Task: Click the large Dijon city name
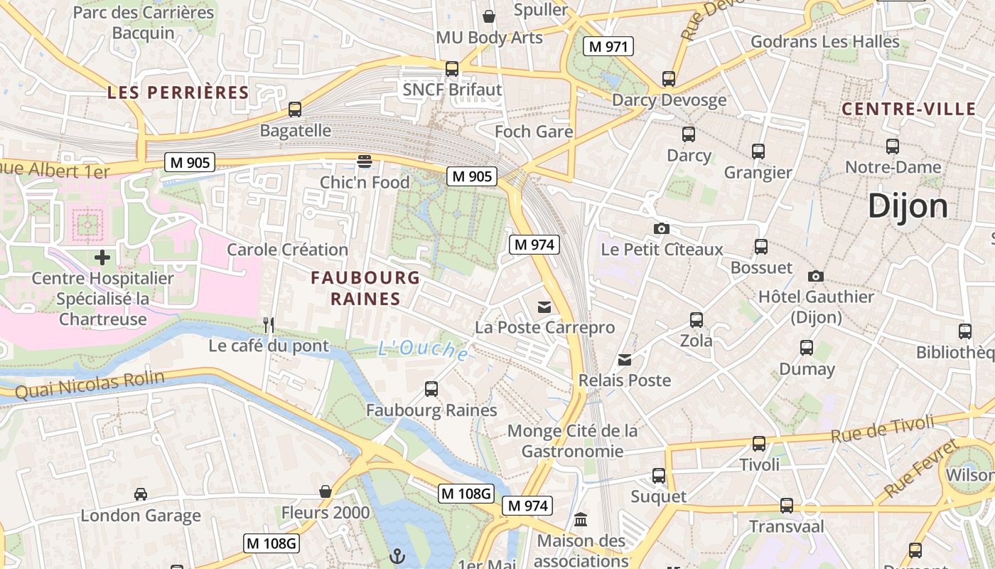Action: [x=908, y=206]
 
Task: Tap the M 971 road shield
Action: [x=608, y=47]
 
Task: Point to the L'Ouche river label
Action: [x=423, y=349]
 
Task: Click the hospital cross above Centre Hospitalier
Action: [x=102, y=257]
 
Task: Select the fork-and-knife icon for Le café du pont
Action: [x=269, y=325]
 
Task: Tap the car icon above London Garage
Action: [x=141, y=494]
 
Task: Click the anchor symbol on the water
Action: [x=397, y=555]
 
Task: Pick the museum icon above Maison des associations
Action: [x=581, y=519]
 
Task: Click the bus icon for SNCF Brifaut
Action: [x=452, y=69]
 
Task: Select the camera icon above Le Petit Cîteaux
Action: [x=662, y=228]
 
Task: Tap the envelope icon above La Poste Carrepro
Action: [x=544, y=307]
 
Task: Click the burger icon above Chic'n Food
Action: [x=365, y=161]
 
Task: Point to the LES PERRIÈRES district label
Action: [x=178, y=92]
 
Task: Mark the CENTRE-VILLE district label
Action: [x=908, y=109]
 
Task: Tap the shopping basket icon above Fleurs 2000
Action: [x=326, y=491]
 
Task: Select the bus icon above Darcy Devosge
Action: [x=669, y=79]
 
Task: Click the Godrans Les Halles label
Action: [x=824, y=41]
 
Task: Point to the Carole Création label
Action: [x=287, y=250]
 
